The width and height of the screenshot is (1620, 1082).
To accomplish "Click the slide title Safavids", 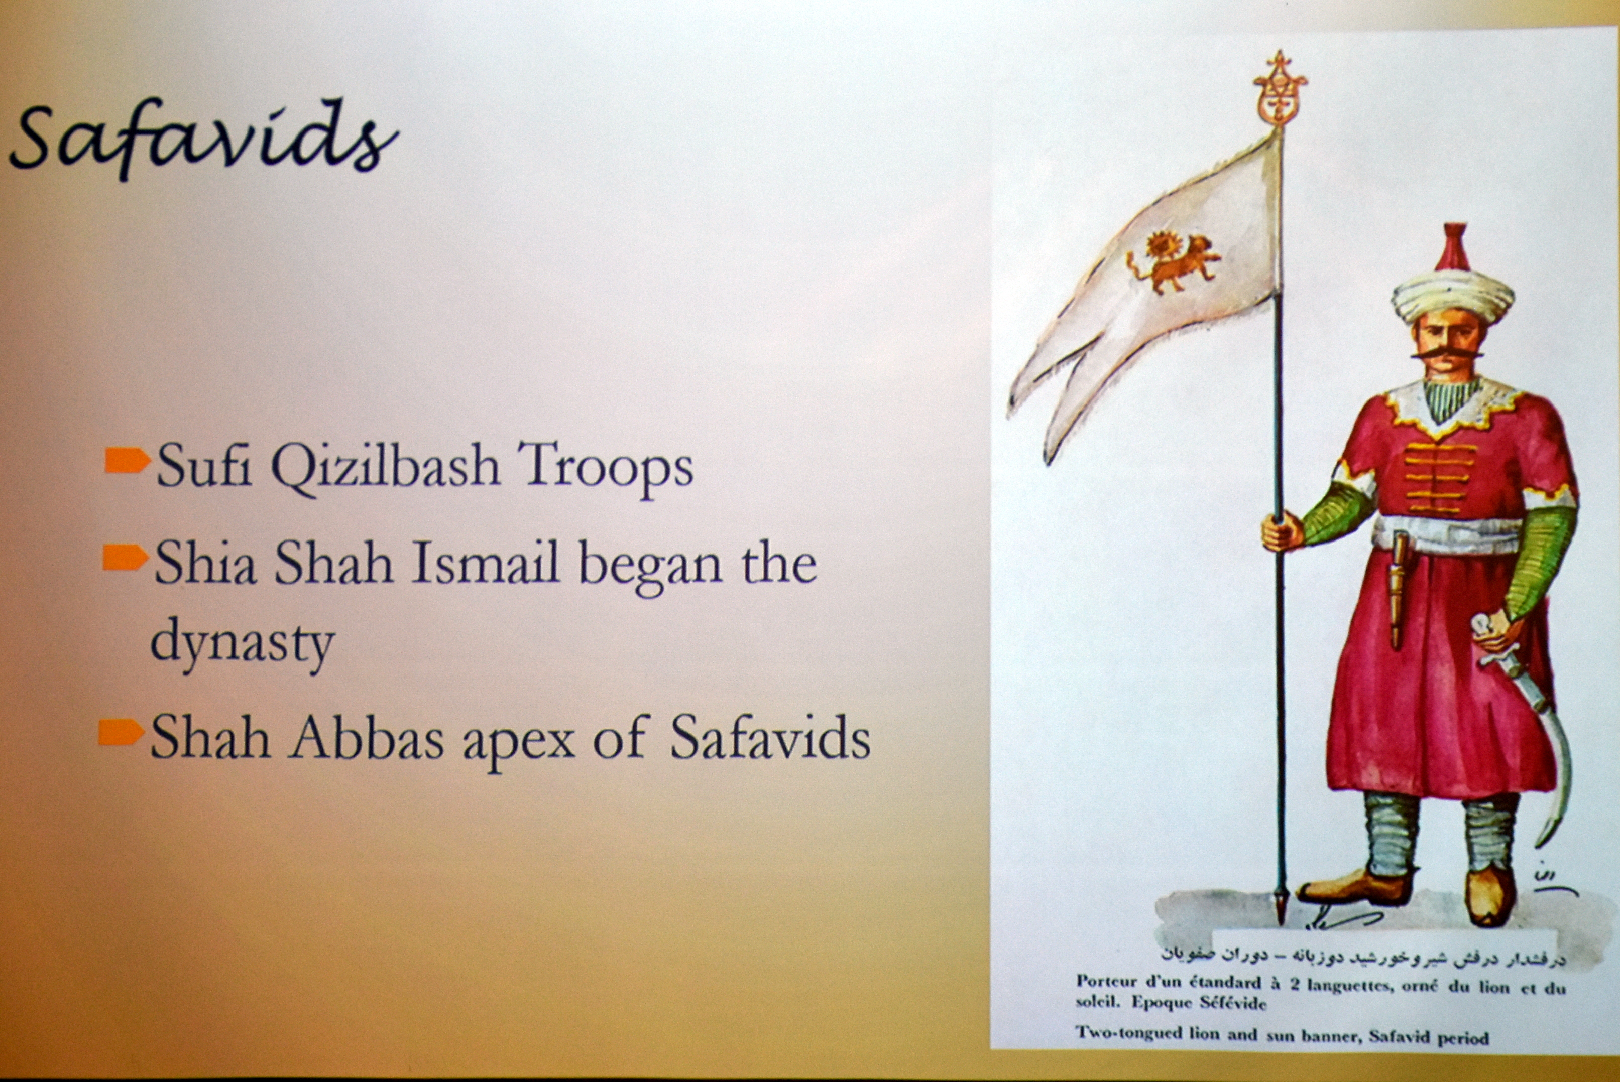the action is click(204, 139).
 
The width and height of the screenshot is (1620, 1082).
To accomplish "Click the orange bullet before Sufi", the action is click(128, 460).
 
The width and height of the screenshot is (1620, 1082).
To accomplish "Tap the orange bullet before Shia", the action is click(126, 557).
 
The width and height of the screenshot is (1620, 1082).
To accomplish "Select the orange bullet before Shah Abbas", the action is click(122, 732).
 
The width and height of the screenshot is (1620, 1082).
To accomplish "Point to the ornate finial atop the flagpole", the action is click(1280, 88).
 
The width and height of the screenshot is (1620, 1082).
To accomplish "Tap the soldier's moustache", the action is click(1447, 353).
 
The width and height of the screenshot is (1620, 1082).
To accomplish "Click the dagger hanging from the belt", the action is click(1398, 591).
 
